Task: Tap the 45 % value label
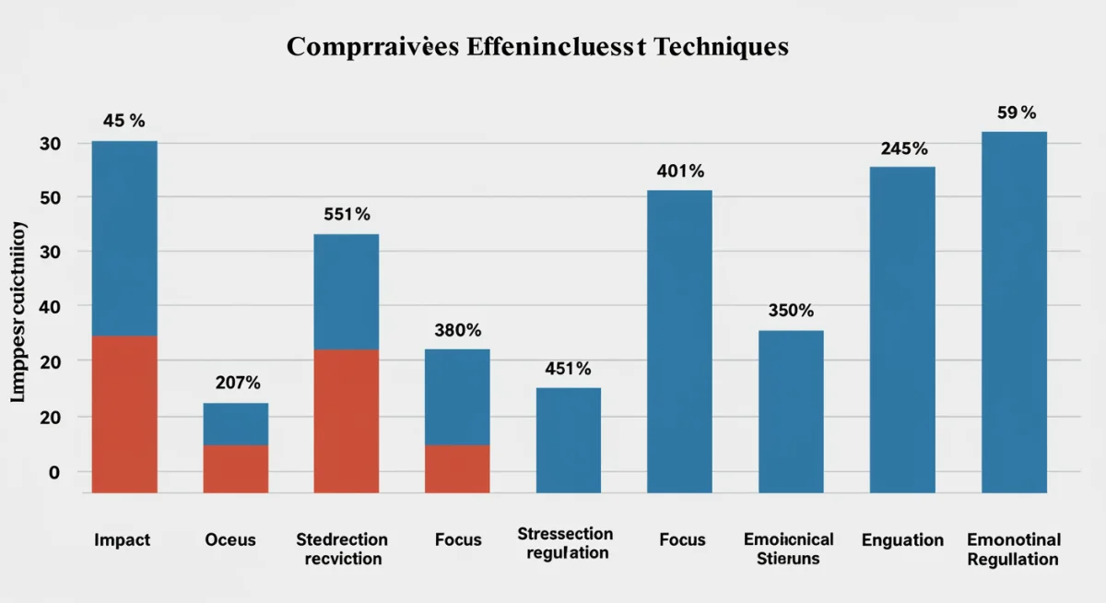point(124,121)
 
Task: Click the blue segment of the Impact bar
point(124,238)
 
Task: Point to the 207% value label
point(238,383)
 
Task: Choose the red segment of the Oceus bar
point(236,468)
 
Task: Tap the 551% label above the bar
point(347,214)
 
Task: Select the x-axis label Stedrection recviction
point(342,549)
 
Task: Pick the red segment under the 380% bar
point(457,468)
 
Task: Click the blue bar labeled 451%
point(568,440)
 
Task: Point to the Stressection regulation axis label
point(565,543)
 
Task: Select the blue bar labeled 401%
point(679,341)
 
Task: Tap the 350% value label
point(791,311)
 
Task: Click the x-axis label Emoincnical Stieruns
point(788,549)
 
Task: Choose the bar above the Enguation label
point(902,329)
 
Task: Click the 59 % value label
point(1016,113)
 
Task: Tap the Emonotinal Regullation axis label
point(1014,549)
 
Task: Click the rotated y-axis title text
point(19,313)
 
